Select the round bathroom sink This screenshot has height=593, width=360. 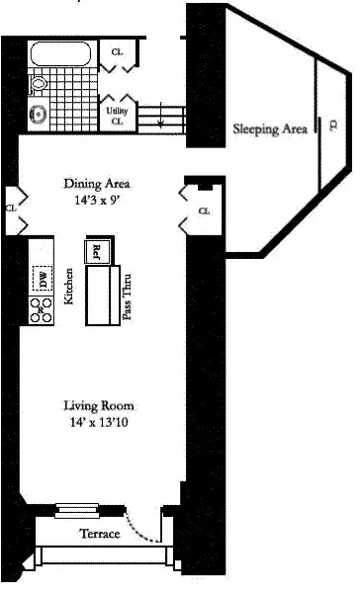[x=41, y=112]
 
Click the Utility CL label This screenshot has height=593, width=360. [x=117, y=117]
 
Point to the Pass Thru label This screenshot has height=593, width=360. [x=127, y=296]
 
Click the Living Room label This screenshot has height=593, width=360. [x=98, y=406]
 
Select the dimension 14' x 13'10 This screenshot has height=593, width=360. [x=98, y=422]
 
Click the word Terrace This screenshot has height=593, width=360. [x=99, y=534]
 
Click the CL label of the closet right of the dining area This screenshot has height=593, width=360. [x=204, y=211]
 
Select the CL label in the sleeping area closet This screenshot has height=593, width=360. [x=317, y=127]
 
